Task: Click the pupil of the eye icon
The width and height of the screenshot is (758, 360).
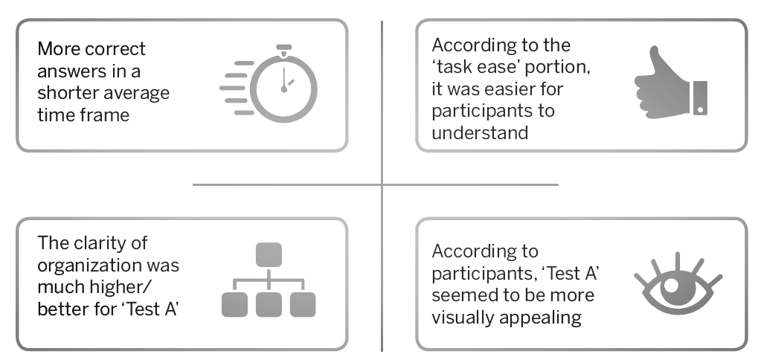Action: (x=672, y=285)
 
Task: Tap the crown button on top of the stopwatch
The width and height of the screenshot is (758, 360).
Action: (x=283, y=48)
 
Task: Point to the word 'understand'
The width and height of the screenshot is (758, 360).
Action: (x=480, y=133)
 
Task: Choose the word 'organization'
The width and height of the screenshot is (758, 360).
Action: (x=89, y=265)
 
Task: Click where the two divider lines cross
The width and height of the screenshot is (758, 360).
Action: (x=382, y=184)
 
